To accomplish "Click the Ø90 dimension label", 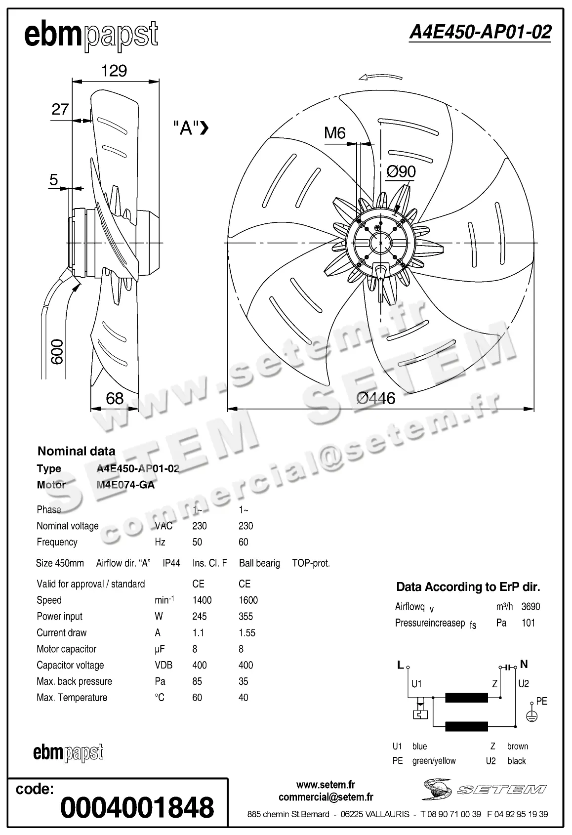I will pyautogui.click(x=401, y=171).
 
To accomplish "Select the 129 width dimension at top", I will pyautogui.click(x=114, y=71).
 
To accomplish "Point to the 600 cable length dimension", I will pyautogui.click(x=57, y=352).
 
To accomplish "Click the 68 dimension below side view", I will pyautogui.click(x=115, y=398).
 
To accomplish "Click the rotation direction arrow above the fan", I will pyautogui.click(x=380, y=77).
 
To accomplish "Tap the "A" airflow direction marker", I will pyautogui.click(x=191, y=128).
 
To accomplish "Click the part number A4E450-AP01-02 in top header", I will pyautogui.click(x=480, y=32).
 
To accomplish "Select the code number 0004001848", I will pyautogui.click(x=137, y=807).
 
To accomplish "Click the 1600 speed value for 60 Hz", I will pyautogui.click(x=248, y=600).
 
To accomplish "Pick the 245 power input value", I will pyautogui.click(x=200, y=617).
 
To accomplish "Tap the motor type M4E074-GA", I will pyautogui.click(x=125, y=485).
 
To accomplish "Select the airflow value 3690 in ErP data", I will pyautogui.click(x=531, y=607).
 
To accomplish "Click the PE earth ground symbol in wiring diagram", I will pyautogui.click(x=531, y=715).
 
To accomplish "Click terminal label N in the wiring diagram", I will pyautogui.click(x=524, y=665).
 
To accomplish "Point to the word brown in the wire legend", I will pyautogui.click(x=517, y=746).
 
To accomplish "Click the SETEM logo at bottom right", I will pyautogui.click(x=484, y=789).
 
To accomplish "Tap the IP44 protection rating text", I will pyautogui.click(x=171, y=563).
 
